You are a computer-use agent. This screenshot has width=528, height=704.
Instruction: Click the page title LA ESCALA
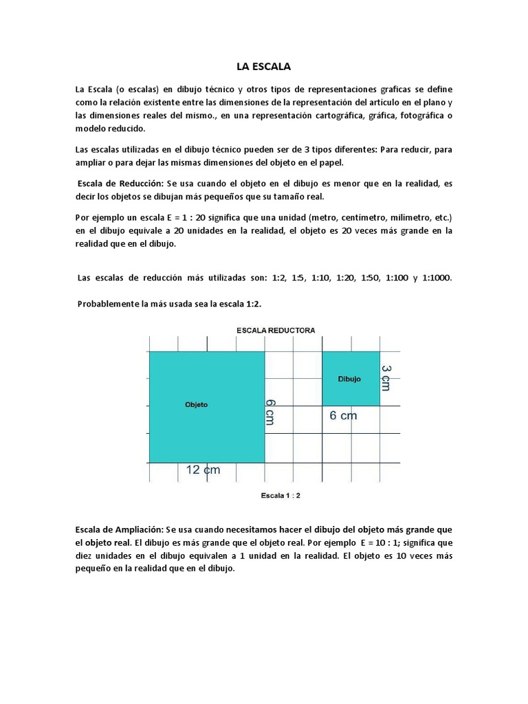click(x=263, y=67)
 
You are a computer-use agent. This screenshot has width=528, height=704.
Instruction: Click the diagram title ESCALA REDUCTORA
click(x=276, y=331)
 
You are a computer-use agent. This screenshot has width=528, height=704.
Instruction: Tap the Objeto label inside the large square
click(x=196, y=405)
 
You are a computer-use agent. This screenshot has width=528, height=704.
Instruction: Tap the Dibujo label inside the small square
click(x=349, y=379)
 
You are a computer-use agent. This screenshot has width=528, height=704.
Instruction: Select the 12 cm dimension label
click(x=203, y=470)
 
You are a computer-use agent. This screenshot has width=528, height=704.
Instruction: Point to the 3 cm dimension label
click(x=386, y=379)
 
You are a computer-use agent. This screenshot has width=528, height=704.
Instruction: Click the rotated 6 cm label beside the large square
click(x=269, y=411)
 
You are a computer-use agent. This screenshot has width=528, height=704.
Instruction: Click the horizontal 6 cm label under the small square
click(x=343, y=415)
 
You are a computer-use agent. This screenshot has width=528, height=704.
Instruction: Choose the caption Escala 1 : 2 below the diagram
click(x=280, y=495)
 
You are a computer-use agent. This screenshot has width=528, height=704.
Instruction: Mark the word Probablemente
click(x=110, y=303)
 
